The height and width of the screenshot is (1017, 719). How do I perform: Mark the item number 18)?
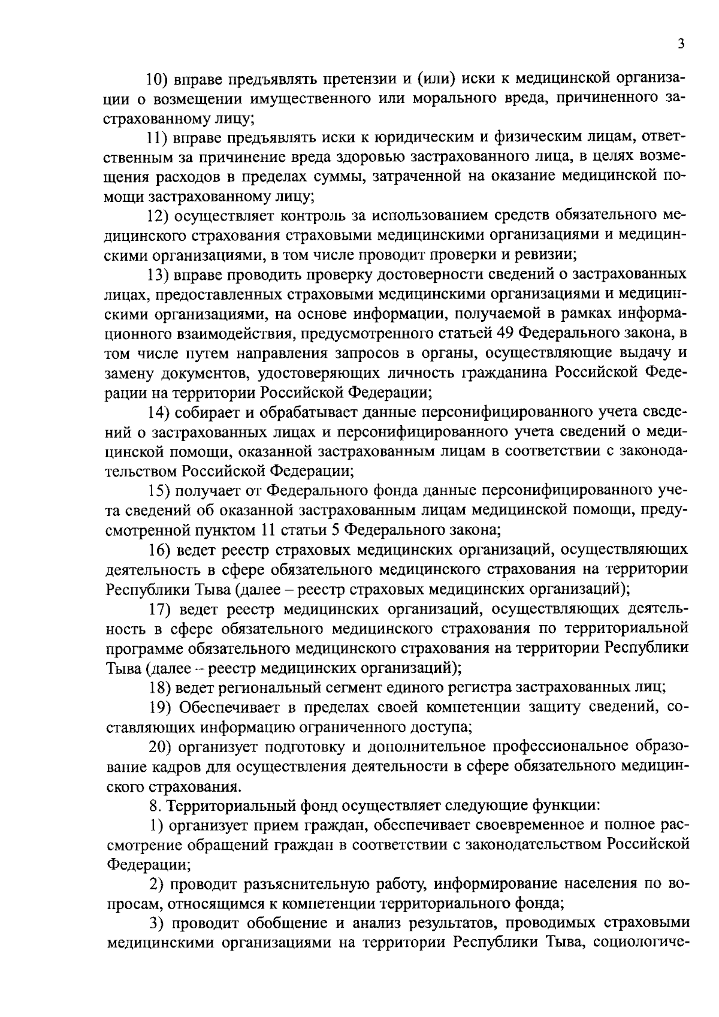160,687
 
